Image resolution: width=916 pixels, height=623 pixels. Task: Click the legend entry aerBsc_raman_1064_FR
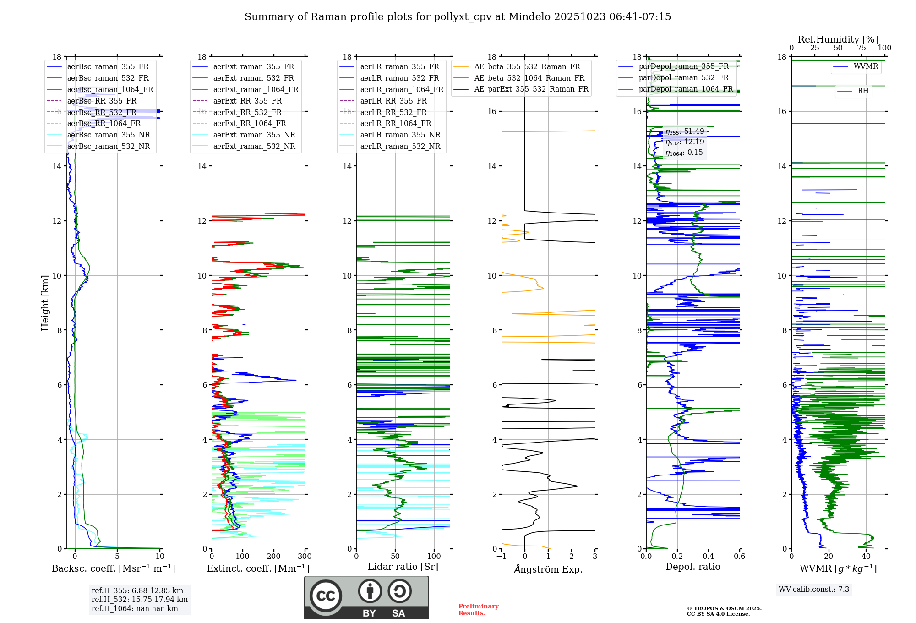click(x=110, y=89)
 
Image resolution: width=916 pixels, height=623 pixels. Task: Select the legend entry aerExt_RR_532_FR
click(x=247, y=112)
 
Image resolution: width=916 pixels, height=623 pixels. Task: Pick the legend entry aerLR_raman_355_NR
click(x=400, y=135)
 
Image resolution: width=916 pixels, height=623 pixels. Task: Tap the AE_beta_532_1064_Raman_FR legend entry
click(x=529, y=78)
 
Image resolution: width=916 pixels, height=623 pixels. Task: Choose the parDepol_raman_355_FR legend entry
click(x=683, y=66)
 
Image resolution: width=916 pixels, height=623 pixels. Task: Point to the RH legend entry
click(x=863, y=91)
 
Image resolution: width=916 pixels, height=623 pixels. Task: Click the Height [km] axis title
click(x=45, y=303)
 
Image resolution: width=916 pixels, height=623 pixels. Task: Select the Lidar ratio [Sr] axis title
click(x=403, y=567)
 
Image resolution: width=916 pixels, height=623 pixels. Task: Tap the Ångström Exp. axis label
click(x=548, y=569)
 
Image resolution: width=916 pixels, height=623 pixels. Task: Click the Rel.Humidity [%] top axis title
click(x=838, y=39)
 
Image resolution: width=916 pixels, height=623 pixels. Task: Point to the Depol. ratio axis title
click(x=692, y=567)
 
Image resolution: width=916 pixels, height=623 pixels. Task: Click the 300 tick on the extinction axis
click(x=305, y=557)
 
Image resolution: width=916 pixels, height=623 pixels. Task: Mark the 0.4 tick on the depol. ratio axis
click(x=709, y=557)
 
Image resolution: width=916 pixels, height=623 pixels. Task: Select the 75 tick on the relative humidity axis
click(x=861, y=48)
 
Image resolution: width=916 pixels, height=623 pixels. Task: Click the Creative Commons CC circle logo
click(x=326, y=596)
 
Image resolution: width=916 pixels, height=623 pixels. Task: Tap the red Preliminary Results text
click(x=478, y=610)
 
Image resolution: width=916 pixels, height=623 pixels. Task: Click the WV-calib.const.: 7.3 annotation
click(x=814, y=590)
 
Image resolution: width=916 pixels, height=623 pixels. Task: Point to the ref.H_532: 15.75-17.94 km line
click(x=139, y=600)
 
